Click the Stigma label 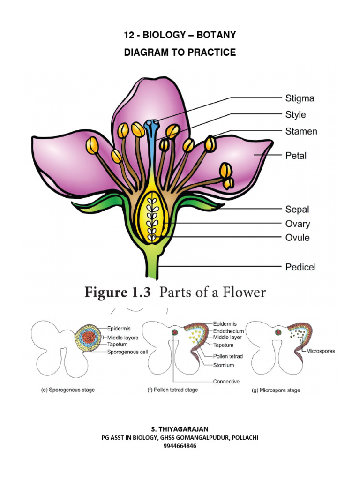pos(300,98)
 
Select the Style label pos(295,114)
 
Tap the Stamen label pos(301,131)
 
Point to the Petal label pos(296,155)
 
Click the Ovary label pos(298,224)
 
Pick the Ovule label pos(298,238)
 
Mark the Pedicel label pos(300,267)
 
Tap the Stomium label pos(223,365)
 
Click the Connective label pos(226,381)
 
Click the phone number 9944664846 pos(180,446)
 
